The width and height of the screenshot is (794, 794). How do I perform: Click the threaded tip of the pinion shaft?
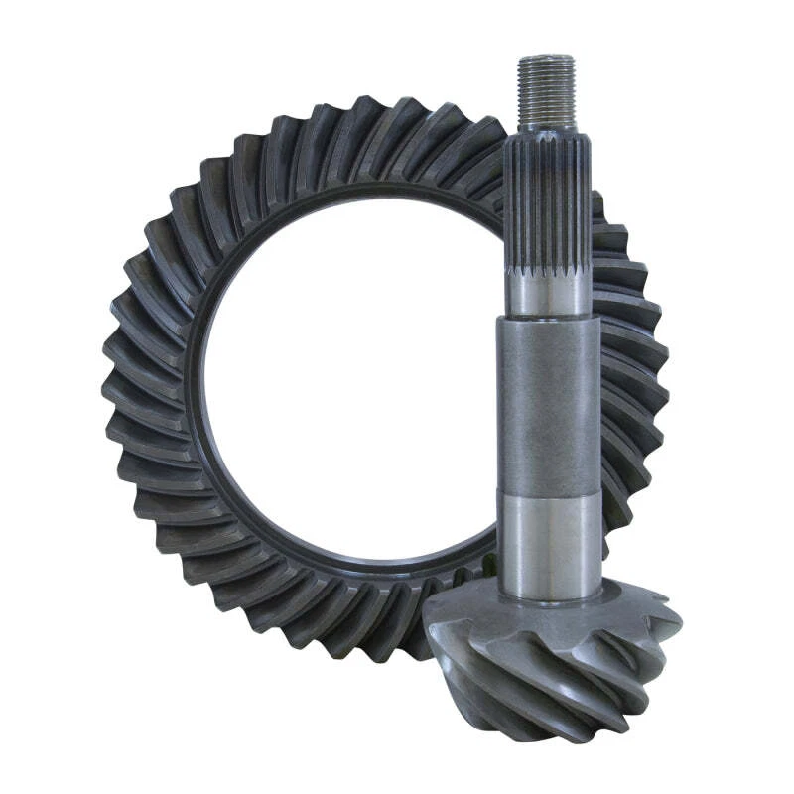pos(546,89)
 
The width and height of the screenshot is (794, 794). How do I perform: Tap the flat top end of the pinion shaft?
pos(546,58)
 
